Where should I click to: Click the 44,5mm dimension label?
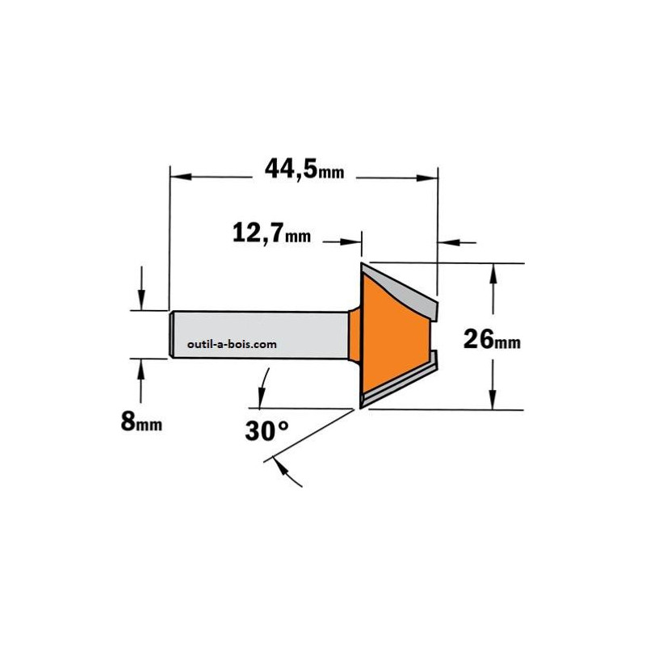[304, 169]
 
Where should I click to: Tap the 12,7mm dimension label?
[271, 233]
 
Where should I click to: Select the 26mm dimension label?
[492, 339]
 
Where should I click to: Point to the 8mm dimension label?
[141, 422]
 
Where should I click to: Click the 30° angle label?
[267, 431]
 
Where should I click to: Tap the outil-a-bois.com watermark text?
[232, 345]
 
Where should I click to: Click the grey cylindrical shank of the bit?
[259, 335]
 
